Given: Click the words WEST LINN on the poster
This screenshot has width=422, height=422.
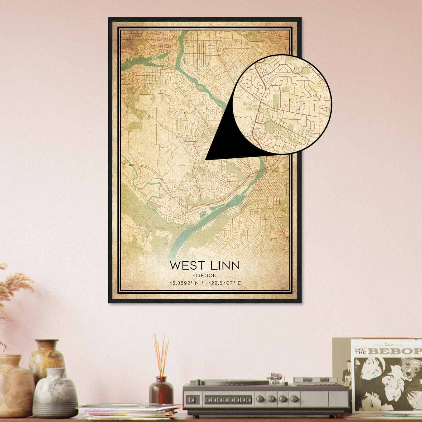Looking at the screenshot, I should coord(205,265).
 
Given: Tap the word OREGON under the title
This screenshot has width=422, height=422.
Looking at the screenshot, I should coord(205,275).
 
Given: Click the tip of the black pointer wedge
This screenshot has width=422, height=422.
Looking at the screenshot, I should coord(206,159).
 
